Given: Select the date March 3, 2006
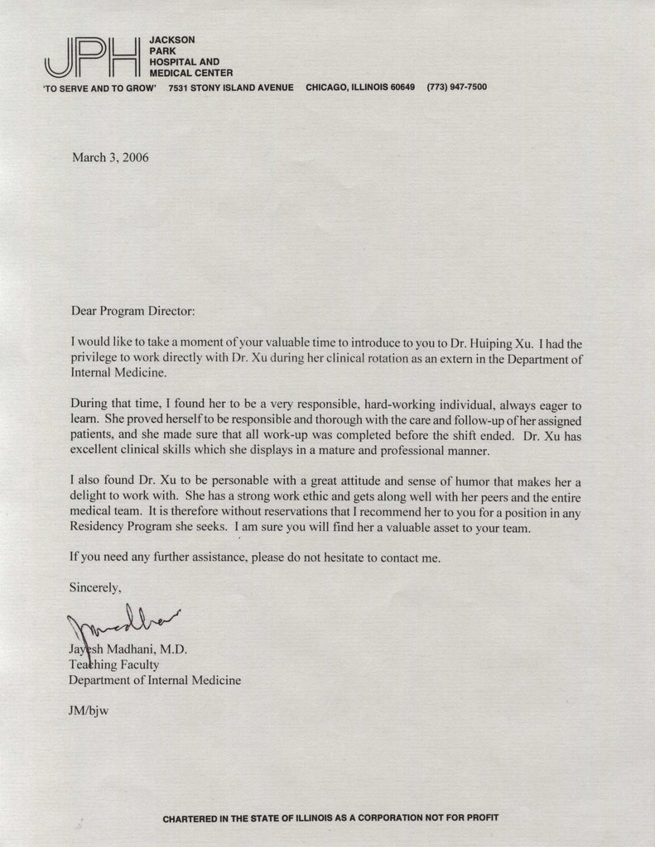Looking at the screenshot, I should tap(110, 158).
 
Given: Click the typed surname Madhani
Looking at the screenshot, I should tap(132, 649).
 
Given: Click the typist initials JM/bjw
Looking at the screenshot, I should tap(89, 710).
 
